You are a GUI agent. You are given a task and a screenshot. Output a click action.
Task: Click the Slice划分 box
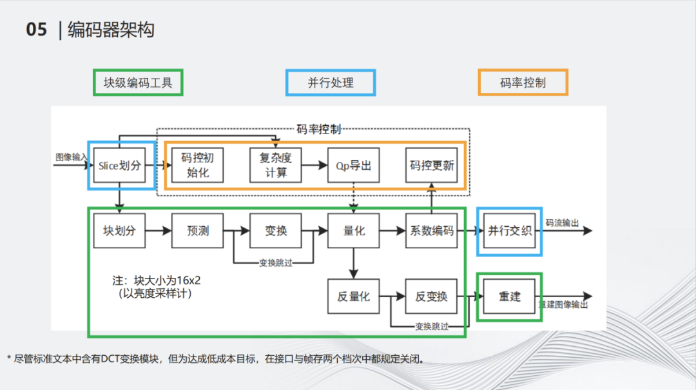pos(120,166)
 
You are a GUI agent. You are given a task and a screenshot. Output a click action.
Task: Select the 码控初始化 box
pos(198,166)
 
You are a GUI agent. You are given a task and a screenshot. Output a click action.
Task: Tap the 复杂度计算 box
pos(276,166)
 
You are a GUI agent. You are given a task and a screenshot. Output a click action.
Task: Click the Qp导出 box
pos(354,166)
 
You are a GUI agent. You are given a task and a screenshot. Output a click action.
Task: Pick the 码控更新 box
pos(432,166)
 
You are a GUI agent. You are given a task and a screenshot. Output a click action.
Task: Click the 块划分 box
pos(120,231)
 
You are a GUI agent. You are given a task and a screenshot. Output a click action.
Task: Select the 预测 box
pos(198,231)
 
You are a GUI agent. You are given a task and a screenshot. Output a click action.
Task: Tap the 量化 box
pos(354,231)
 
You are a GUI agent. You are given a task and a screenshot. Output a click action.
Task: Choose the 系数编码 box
pos(432,231)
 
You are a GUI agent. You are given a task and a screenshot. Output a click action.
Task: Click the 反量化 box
pos(354,297)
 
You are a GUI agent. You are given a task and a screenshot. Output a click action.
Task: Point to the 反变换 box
pos(432,297)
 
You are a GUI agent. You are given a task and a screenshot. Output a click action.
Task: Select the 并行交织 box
pos(510,231)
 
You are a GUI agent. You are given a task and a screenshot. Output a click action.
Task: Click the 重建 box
pos(510,297)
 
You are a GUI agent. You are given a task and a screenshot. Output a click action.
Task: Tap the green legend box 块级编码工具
pos(138,83)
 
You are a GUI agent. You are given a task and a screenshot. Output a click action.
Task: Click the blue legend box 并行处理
pos(331,83)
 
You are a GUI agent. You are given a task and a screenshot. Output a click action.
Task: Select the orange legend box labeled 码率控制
pos(523,83)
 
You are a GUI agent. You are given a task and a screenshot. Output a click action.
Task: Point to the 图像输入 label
pos(70,157)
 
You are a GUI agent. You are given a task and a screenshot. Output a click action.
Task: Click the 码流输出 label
pos(563,223)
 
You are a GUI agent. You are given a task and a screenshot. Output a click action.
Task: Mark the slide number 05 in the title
pos(37,30)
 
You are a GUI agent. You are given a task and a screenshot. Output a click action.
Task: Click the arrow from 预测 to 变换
pos(237,231)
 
